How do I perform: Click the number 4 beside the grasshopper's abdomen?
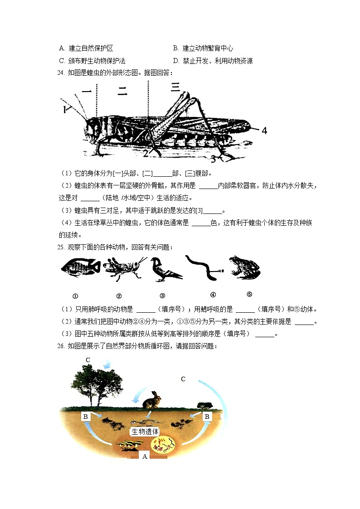(x=264, y=131)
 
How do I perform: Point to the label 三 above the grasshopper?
(x=175, y=86)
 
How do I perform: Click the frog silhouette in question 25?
(x=244, y=268)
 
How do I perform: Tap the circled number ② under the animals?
(x=119, y=296)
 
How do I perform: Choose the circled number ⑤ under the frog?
(x=249, y=294)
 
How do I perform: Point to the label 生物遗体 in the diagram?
(x=145, y=431)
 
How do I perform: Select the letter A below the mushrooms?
(x=145, y=456)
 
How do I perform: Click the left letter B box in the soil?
(x=85, y=416)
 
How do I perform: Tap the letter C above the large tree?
(x=88, y=360)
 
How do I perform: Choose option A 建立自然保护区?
(x=86, y=48)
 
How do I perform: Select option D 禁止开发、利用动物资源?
(x=213, y=61)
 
